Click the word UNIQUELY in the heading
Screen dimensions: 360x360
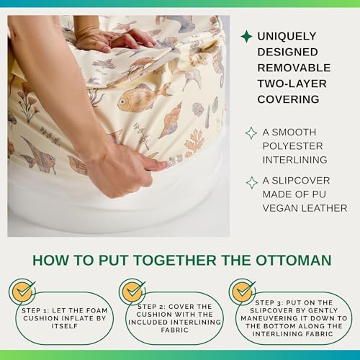pos(287,37)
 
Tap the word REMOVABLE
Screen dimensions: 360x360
pos(294,68)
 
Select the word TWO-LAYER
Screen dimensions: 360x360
pos(292,84)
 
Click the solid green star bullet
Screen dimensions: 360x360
pos(246,37)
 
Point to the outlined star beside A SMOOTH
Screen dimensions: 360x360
pos(251,133)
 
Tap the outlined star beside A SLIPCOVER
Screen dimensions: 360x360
pos(252,183)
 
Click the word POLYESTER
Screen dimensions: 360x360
pos(292,146)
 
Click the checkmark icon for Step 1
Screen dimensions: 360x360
pos(23,291)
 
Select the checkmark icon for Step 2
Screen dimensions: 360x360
pos(132,291)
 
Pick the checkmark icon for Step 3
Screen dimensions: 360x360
pos(243,291)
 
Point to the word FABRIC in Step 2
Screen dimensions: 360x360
pos(175,330)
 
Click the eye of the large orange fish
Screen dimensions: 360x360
pos(123,102)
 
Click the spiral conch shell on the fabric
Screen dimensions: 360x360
pos(171,121)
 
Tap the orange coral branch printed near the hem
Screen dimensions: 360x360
pos(194,143)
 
